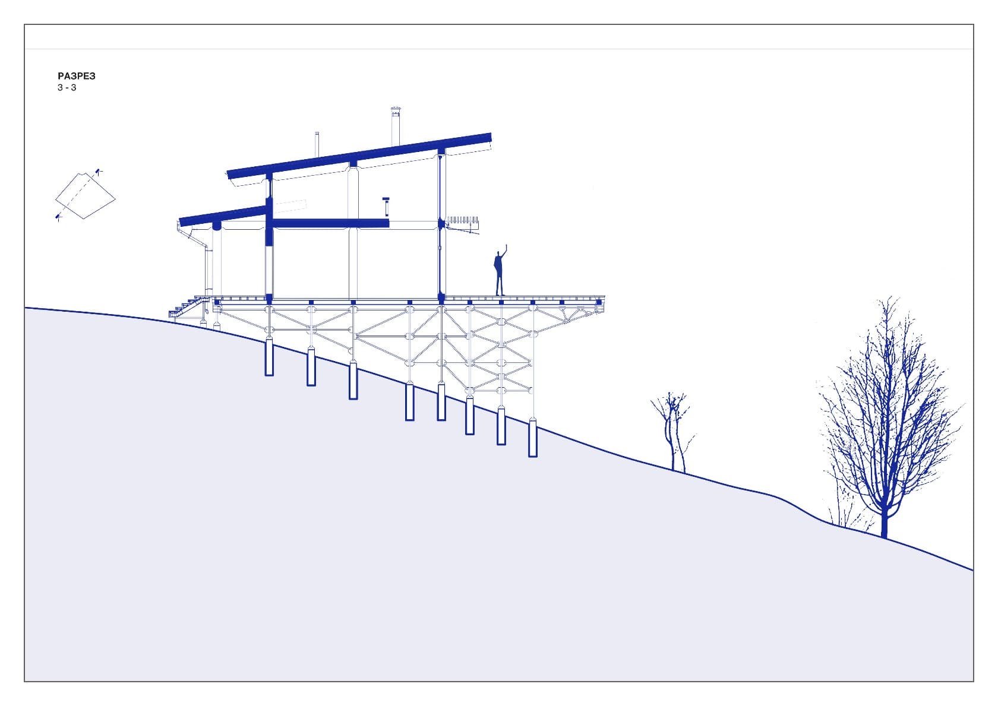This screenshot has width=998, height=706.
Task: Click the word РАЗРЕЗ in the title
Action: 77,76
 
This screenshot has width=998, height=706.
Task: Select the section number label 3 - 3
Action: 67,88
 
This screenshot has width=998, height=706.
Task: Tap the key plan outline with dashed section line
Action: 85,197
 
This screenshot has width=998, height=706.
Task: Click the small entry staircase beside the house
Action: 189,308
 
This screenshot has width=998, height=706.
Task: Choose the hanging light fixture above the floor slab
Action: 387,206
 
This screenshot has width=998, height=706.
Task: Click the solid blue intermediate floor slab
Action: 330,223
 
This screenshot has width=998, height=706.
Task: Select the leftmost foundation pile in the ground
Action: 269,356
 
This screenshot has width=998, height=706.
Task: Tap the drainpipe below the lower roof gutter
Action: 208,270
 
